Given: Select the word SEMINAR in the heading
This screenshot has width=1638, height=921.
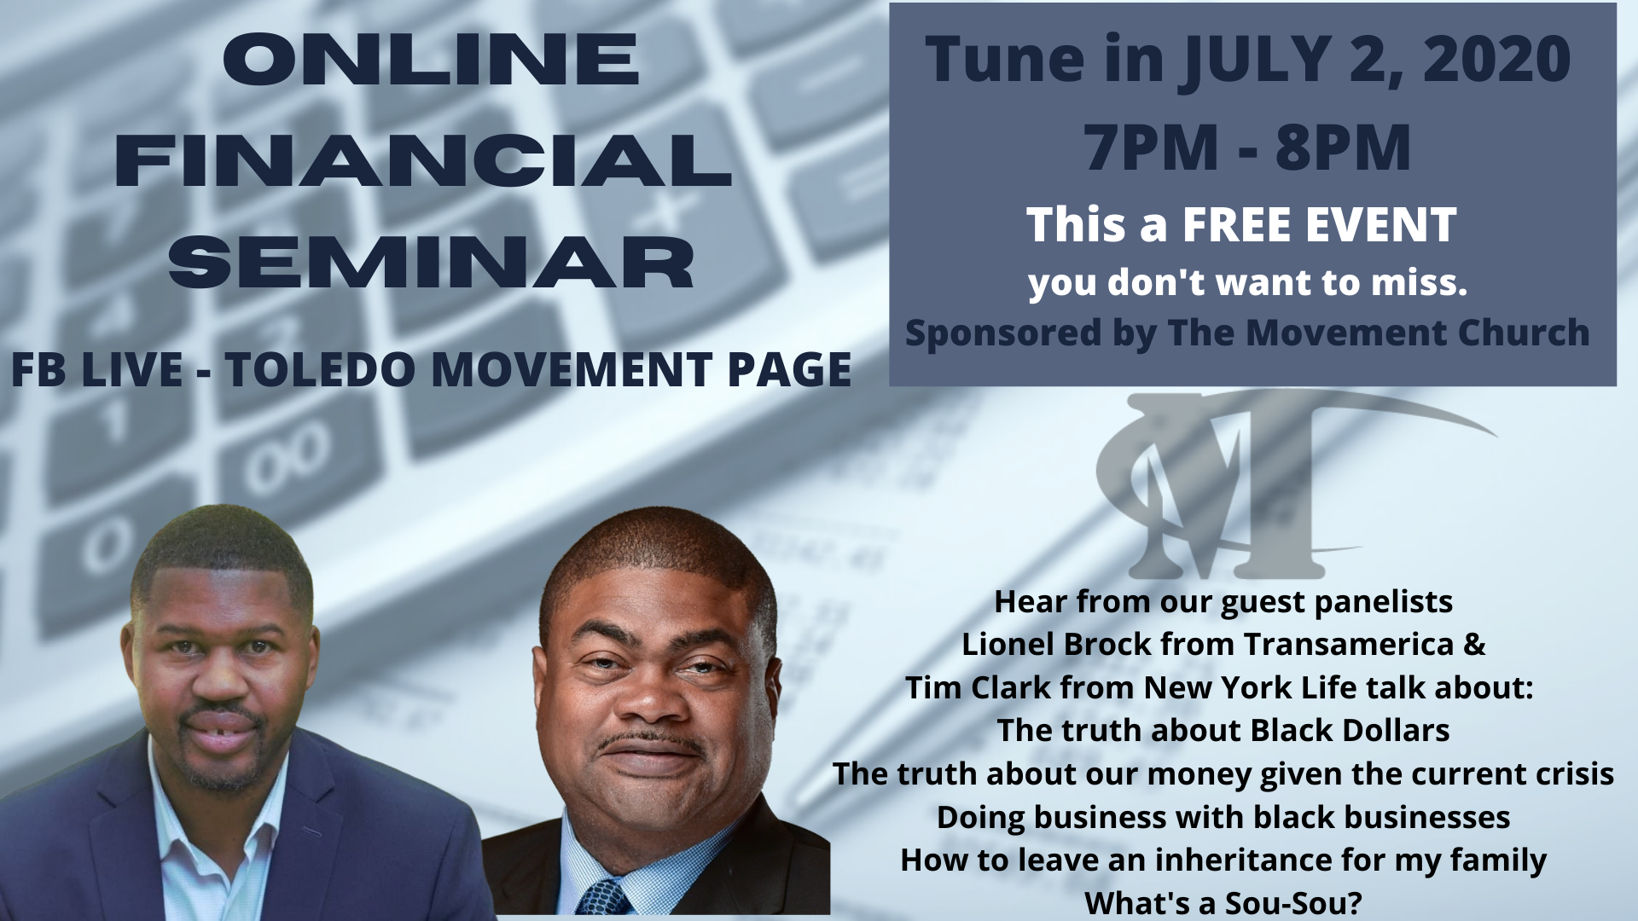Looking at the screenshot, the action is (x=431, y=262).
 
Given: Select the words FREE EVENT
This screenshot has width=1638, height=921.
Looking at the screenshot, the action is (x=1319, y=225).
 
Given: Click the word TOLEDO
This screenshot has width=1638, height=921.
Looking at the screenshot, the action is (x=324, y=369).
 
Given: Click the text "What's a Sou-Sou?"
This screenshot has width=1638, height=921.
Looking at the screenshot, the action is (x=1223, y=902).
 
